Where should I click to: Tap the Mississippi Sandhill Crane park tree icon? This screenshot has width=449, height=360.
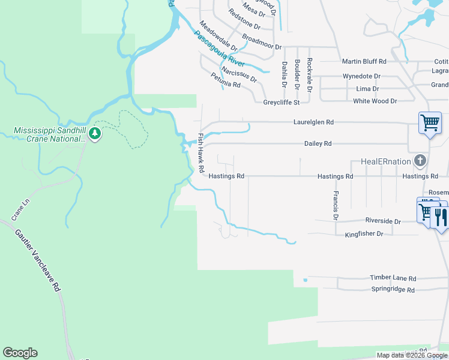(x=95, y=134)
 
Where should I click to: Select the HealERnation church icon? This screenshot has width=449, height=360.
(x=420, y=161)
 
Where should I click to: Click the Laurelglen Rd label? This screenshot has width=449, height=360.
(x=313, y=122)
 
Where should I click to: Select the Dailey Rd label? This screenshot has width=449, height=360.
(x=318, y=144)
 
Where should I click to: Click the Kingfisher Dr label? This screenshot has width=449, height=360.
(x=364, y=234)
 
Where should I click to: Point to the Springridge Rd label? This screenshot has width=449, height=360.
(x=393, y=290)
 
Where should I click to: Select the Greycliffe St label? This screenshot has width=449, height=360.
(x=282, y=103)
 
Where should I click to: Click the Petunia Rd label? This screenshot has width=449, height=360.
(x=226, y=80)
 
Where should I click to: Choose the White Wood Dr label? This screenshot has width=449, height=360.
(x=375, y=101)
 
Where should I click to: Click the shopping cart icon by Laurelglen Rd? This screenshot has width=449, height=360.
(x=430, y=123)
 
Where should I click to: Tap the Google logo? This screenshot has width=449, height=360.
(x=20, y=353)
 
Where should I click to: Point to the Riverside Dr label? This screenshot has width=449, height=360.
(x=381, y=221)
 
